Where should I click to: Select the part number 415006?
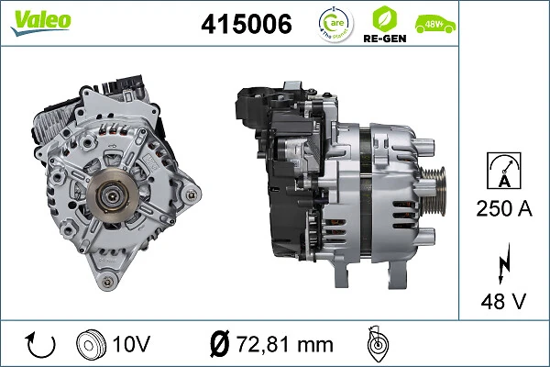click(246, 26)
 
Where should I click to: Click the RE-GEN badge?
click(384, 25)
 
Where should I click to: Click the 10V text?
click(132, 344)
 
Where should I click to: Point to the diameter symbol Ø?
click(219, 344)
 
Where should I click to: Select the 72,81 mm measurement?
click(285, 344)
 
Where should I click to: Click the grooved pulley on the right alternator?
click(438, 180)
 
